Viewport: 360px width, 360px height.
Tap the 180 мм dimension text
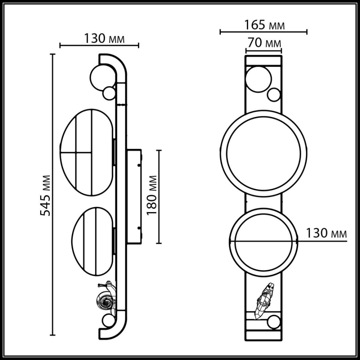point(152,195)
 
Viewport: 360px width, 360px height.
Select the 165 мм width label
point(264,25)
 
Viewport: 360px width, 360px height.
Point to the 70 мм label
point(264,43)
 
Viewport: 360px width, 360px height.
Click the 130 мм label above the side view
point(103,38)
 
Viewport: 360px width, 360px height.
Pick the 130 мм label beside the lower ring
point(326,233)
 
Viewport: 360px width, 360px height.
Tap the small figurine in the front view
point(264,300)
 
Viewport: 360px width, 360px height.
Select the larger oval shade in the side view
point(87,152)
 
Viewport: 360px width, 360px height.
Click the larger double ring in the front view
point(263,153)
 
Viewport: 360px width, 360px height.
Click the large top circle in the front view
point(258,79)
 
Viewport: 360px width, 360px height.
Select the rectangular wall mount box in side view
point(134,196)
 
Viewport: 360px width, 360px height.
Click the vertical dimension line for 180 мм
point(159,196)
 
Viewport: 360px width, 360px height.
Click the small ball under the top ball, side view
point(108,93)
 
